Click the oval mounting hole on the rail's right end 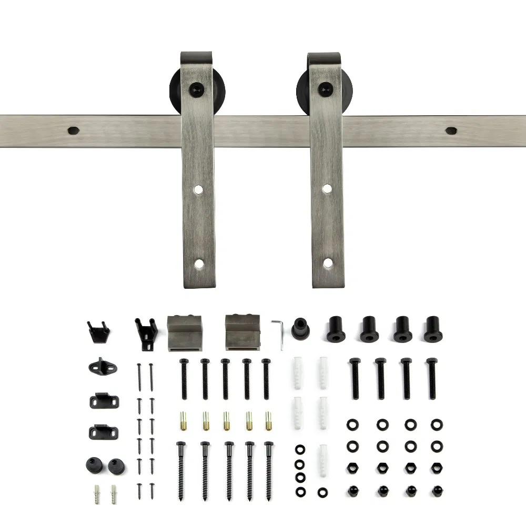point(451,130)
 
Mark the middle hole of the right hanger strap point(327,188)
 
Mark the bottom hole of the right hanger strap point(327,262)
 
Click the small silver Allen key point(279,331)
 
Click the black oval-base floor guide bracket point(99,367)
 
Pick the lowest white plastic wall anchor point(322,460)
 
